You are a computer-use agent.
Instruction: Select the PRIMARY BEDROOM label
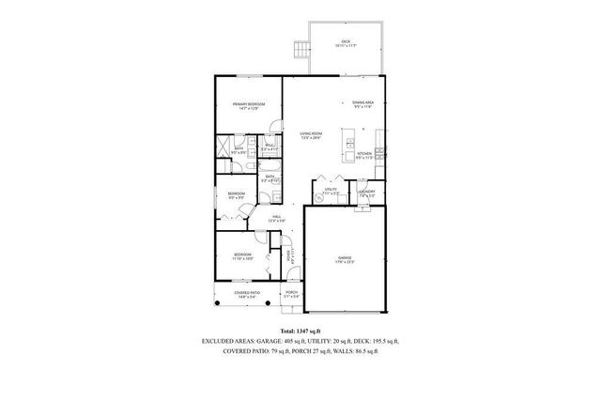(x=249, y=105)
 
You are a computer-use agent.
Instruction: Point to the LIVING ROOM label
(x=312, y=136)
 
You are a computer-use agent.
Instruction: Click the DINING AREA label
(x=363, y=104)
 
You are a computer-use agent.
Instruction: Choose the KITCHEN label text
(x=363, y=157)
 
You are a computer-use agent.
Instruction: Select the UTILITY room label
(x=331, y=191)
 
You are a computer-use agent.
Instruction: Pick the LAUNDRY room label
(x=366, y=194)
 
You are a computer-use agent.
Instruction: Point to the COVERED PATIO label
(x=235, y=294)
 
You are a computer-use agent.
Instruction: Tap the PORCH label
(x=291, y=294)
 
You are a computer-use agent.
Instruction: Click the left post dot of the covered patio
(x=216, y=305)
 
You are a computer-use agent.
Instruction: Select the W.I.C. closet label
(x=269, y=147)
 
